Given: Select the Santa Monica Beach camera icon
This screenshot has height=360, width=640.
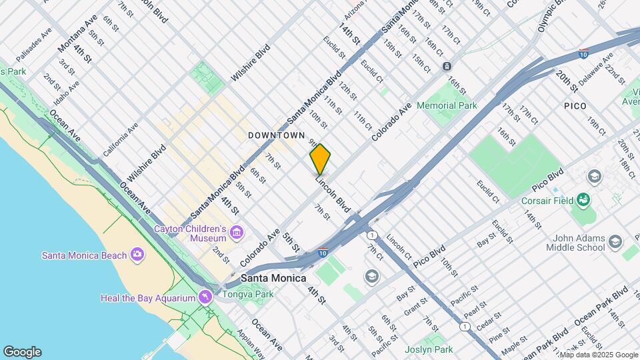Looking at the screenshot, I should (x=137, y=254).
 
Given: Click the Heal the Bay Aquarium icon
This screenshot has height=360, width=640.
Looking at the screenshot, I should (x=205, y=297).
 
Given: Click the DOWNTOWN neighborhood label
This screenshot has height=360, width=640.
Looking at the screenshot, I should (x=276, y=135).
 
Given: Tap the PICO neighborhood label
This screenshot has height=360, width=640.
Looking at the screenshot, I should (x=575, y=106).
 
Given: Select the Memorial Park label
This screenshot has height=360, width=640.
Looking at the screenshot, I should (x=447, y=105).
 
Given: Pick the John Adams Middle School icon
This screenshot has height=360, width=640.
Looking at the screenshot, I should (x=615, y=241).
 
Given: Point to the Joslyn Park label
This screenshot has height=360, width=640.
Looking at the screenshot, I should (x=429, y=349).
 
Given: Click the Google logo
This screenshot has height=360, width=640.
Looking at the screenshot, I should (x=22, y=352).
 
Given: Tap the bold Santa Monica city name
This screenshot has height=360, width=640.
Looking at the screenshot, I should (x=273, y=278).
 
